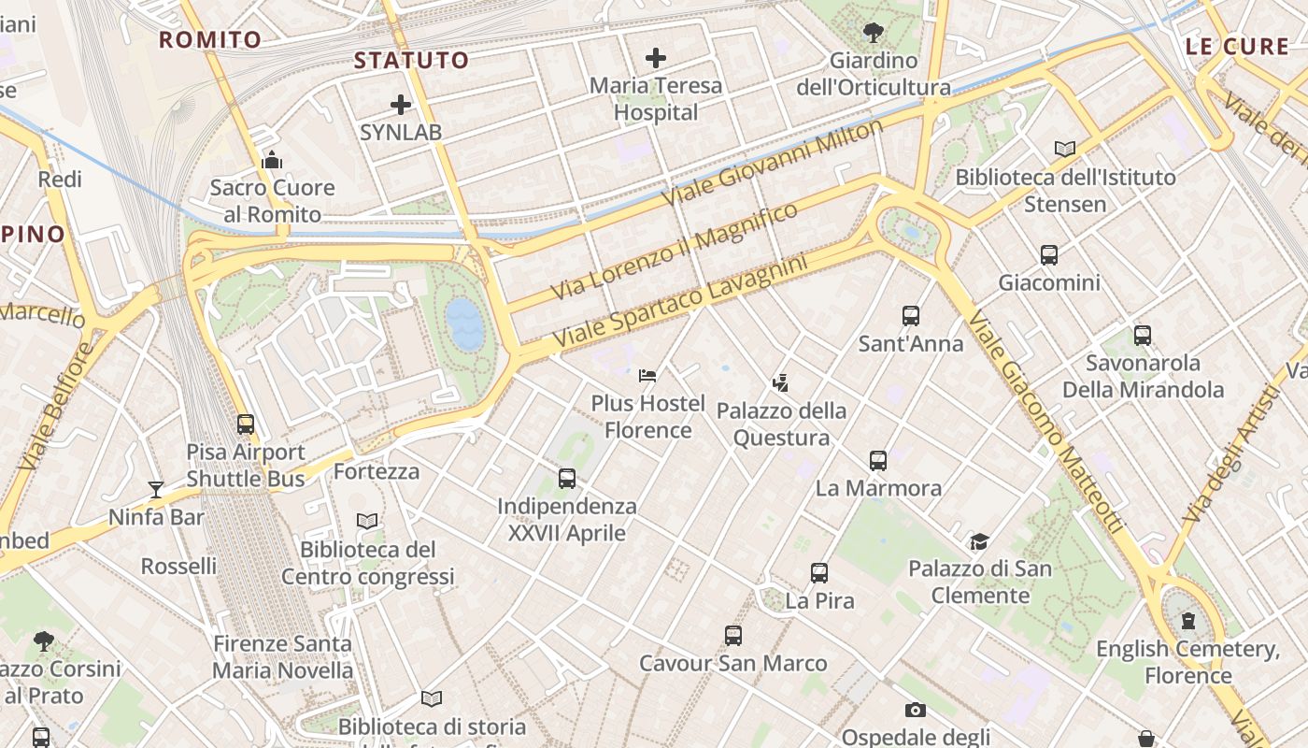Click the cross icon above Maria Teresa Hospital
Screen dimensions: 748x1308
click(x=656, y=58)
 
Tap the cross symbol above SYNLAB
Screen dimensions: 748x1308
click(x=401, y=105)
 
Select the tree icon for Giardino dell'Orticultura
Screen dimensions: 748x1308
click(x=874, y=33)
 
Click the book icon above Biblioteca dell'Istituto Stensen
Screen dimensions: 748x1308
click(x=1064, y=149)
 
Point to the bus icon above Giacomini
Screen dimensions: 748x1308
click(x=1049, y=254)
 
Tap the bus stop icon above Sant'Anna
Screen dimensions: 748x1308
click(x=911, y=316)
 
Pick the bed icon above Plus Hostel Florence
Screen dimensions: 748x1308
click(x=647, y=376)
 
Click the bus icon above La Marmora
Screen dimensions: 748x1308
click(x=878, y=460)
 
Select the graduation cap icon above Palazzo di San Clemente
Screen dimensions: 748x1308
click(x=979, y=541)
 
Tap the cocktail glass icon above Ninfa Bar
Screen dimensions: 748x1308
click(x=156, y=489)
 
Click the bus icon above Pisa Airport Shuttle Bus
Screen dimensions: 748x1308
click(x=246, y=424)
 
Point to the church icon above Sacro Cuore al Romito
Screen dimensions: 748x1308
click(x=272, y=160)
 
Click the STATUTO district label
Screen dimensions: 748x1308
click(x=411, y=61)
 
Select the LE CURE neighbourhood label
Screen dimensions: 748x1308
click(x=1236, y=46)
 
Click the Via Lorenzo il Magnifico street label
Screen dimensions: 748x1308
click(x=675, y=250)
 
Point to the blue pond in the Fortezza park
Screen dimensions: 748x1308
click(x=464, y=324)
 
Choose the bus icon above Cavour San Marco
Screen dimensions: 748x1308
click(x=733, y=636)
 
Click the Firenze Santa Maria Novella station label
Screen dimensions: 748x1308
click(x=282, y=656)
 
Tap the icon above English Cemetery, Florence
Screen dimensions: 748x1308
click(x=1187, y=621)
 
